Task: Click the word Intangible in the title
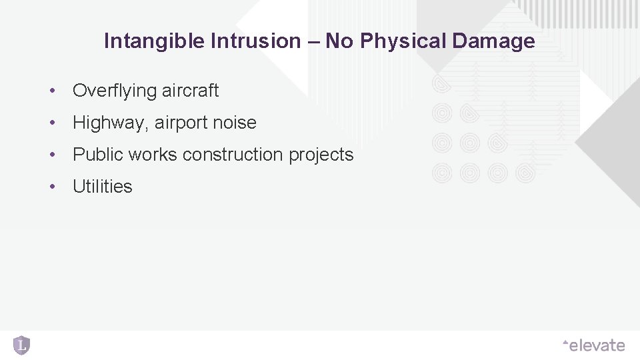click(155, 41)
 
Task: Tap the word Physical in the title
click(403, 41)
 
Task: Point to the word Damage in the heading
click(493, 41)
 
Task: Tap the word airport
click(181, 123)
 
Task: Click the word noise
click(234, 123)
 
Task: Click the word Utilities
click(103, 187)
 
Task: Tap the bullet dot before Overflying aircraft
click(51, 91)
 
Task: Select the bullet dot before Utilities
click(51, 187)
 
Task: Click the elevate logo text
click(596, 345)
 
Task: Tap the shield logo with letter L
click(21, 345)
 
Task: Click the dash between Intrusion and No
click(313, 41)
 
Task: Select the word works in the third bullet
click(153, 155)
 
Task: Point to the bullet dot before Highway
click(51, 123)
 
